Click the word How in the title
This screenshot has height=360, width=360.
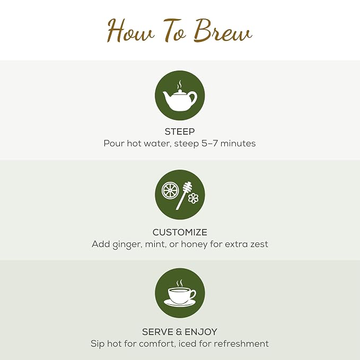(x=130, y=31)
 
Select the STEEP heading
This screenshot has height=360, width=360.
(x=180, y=131)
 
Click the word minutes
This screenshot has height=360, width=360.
(x=238, y=144)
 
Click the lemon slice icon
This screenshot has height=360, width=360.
(x=170, y=190)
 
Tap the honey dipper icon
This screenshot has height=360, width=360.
(x=183, y=196)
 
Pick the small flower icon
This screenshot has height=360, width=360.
(x=194, y=198)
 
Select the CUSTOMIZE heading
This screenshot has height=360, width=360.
(x=180, y=232)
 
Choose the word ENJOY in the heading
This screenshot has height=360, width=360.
(x=201, y=332)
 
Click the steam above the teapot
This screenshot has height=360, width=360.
(x=179, y=85)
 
